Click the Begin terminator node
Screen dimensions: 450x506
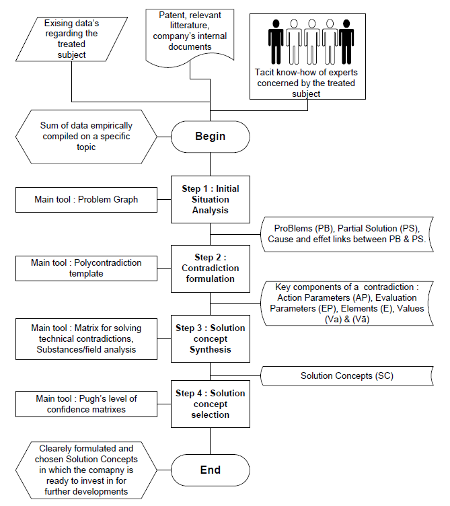point(211,137)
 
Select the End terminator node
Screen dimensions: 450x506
point(211,470)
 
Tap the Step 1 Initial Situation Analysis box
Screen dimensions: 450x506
point(211,199)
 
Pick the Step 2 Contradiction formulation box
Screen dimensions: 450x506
point(211,268)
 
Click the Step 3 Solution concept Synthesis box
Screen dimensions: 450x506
point(211,338)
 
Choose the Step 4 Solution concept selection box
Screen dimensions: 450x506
point(211,404)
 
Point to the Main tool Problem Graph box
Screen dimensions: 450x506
point(87,200)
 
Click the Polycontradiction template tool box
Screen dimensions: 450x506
point(87,268)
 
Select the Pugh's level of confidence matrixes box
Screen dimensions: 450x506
point(87,404)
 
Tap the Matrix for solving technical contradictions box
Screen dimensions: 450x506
point(87,339)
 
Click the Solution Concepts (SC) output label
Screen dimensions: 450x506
point(347,375)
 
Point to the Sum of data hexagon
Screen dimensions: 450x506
point(87,137)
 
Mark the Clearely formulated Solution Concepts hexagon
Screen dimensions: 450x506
point(87,470)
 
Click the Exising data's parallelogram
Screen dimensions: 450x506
point(71,39)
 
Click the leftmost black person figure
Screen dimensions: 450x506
point(276,42)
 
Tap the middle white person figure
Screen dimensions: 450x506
point(311,42)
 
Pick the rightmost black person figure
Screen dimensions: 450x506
point(346,42)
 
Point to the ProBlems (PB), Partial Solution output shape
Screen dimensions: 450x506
point(347,234)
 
